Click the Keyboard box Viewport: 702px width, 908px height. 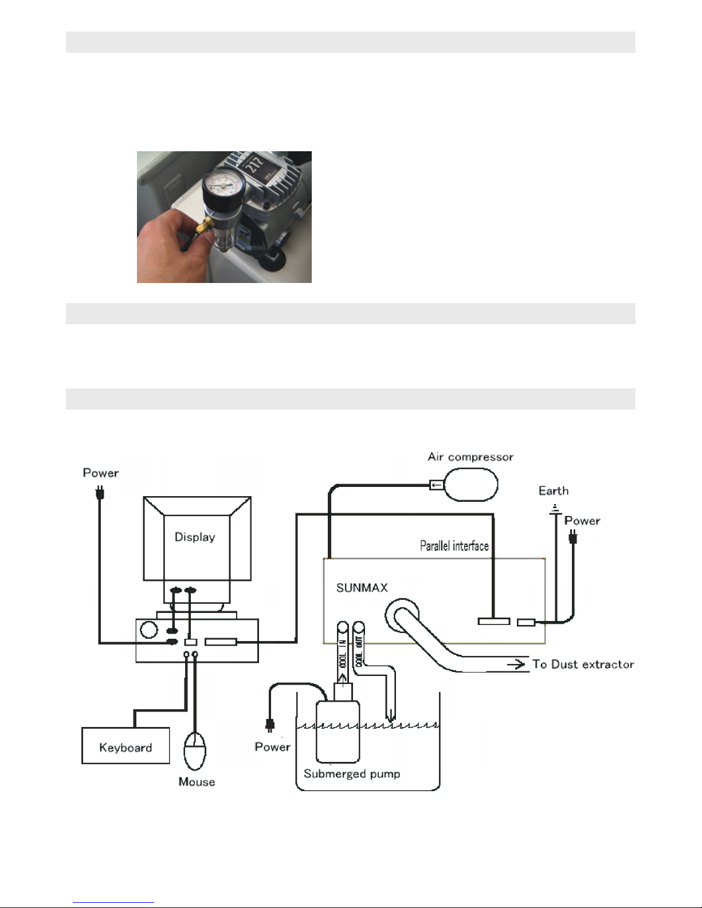pos(126,745)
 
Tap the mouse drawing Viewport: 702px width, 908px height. pos(195,751)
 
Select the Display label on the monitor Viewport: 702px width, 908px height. pos(195,537)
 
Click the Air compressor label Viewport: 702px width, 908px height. pos(470,457)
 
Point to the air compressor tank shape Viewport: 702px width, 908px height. pos(470,484)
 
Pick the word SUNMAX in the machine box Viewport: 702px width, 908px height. pos(362,588)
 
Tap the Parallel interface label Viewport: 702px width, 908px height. pos(454,546)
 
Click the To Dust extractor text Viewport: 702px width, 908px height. pos(583,665)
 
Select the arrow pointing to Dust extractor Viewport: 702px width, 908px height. pos(516,664)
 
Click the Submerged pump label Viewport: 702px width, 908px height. pos(352,774)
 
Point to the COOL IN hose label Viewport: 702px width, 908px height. pos(343,655)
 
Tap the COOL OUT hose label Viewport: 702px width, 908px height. pos(359,651)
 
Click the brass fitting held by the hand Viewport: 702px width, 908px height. pos(205,226)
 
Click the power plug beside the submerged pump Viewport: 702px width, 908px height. pos(270,725)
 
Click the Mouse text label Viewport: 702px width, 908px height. pos(197,782)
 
